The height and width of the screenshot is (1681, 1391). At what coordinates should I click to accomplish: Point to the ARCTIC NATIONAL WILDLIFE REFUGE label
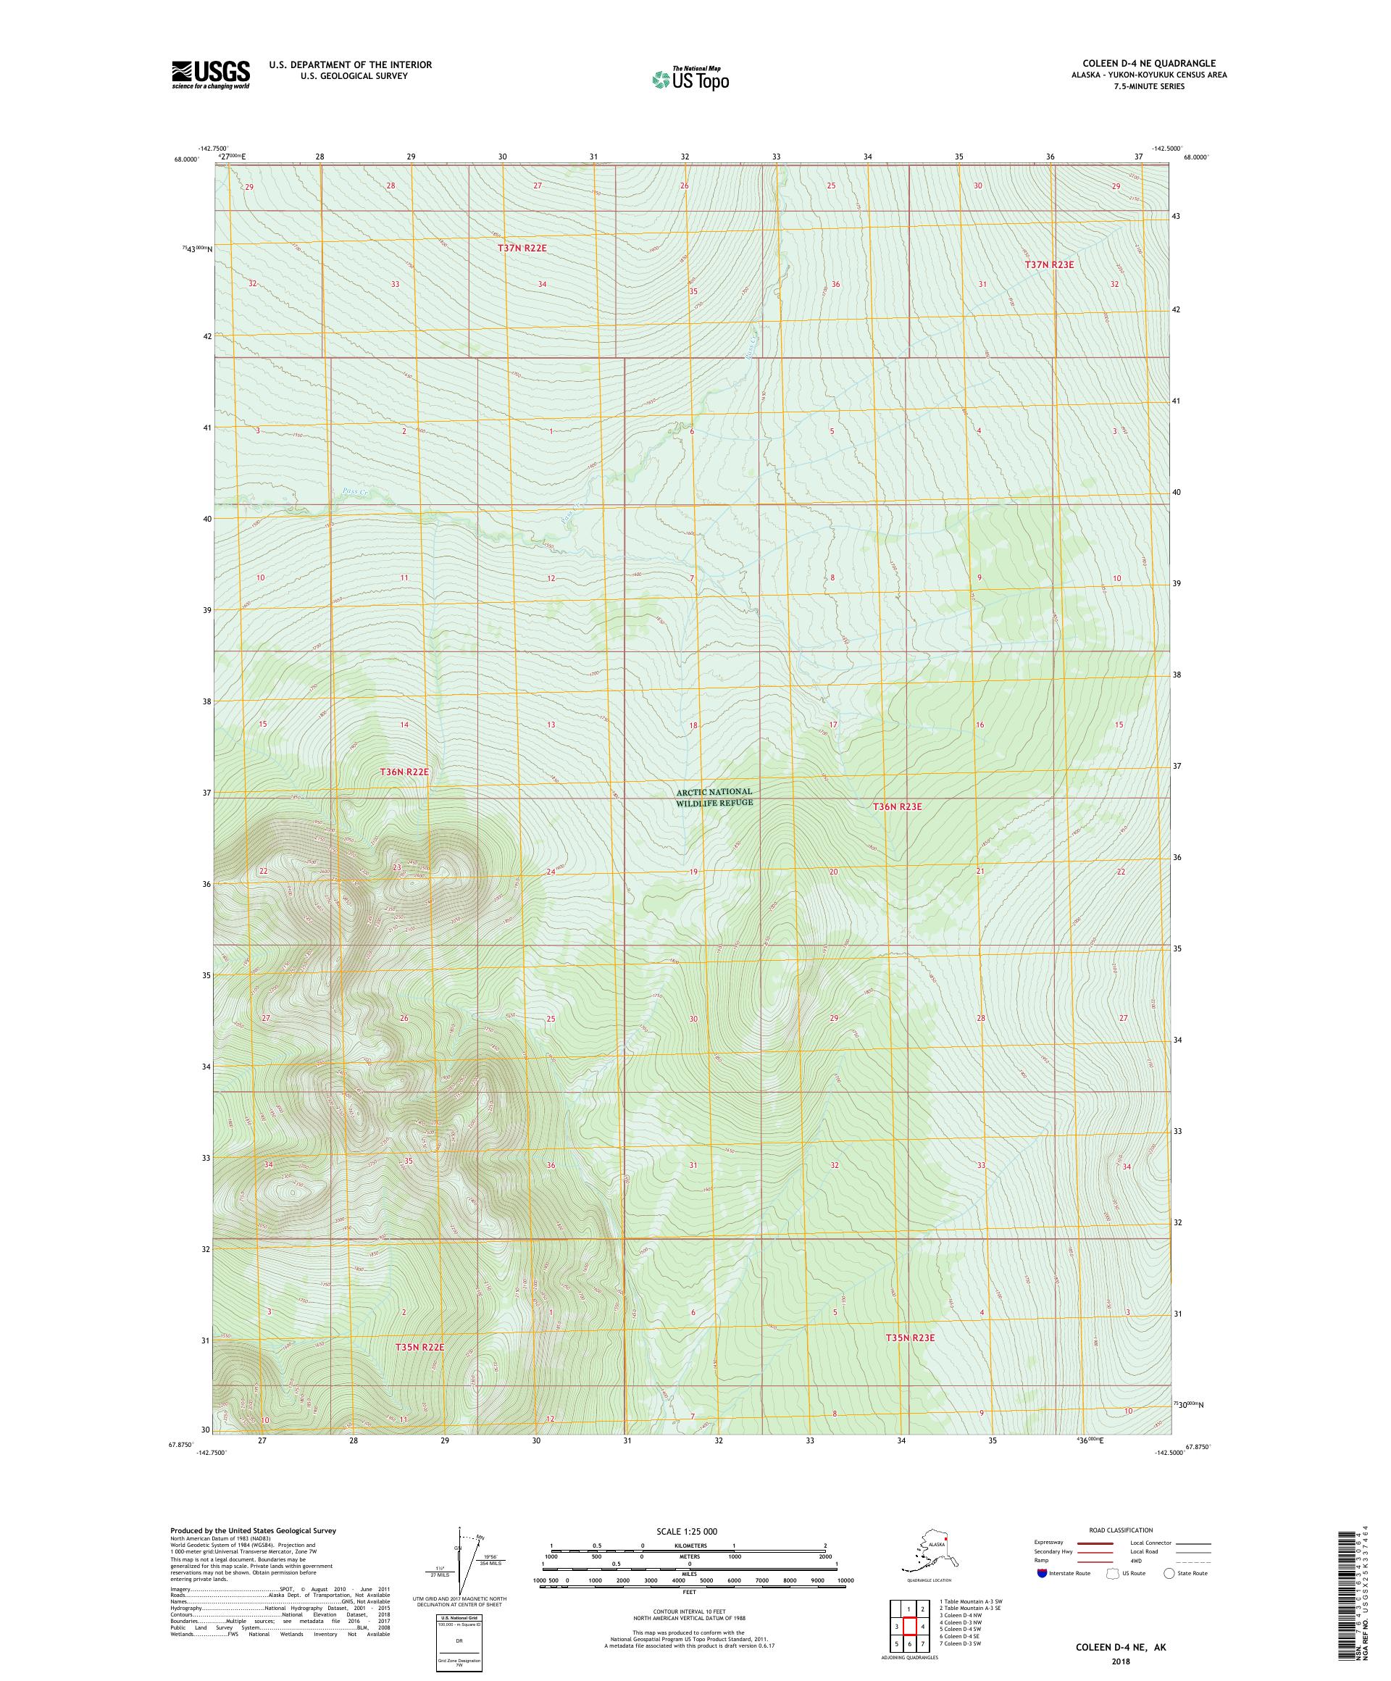(x=714, y=796)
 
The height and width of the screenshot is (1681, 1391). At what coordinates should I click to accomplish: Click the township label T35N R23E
(x=910, y=1338)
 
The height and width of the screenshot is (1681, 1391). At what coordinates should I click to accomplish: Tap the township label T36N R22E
(x=404, y=772)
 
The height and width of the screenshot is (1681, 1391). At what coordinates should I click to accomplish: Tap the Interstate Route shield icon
(x=1041, y=1573)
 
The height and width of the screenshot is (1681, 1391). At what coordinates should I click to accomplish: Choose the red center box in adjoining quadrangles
(x=909, y=1621)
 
